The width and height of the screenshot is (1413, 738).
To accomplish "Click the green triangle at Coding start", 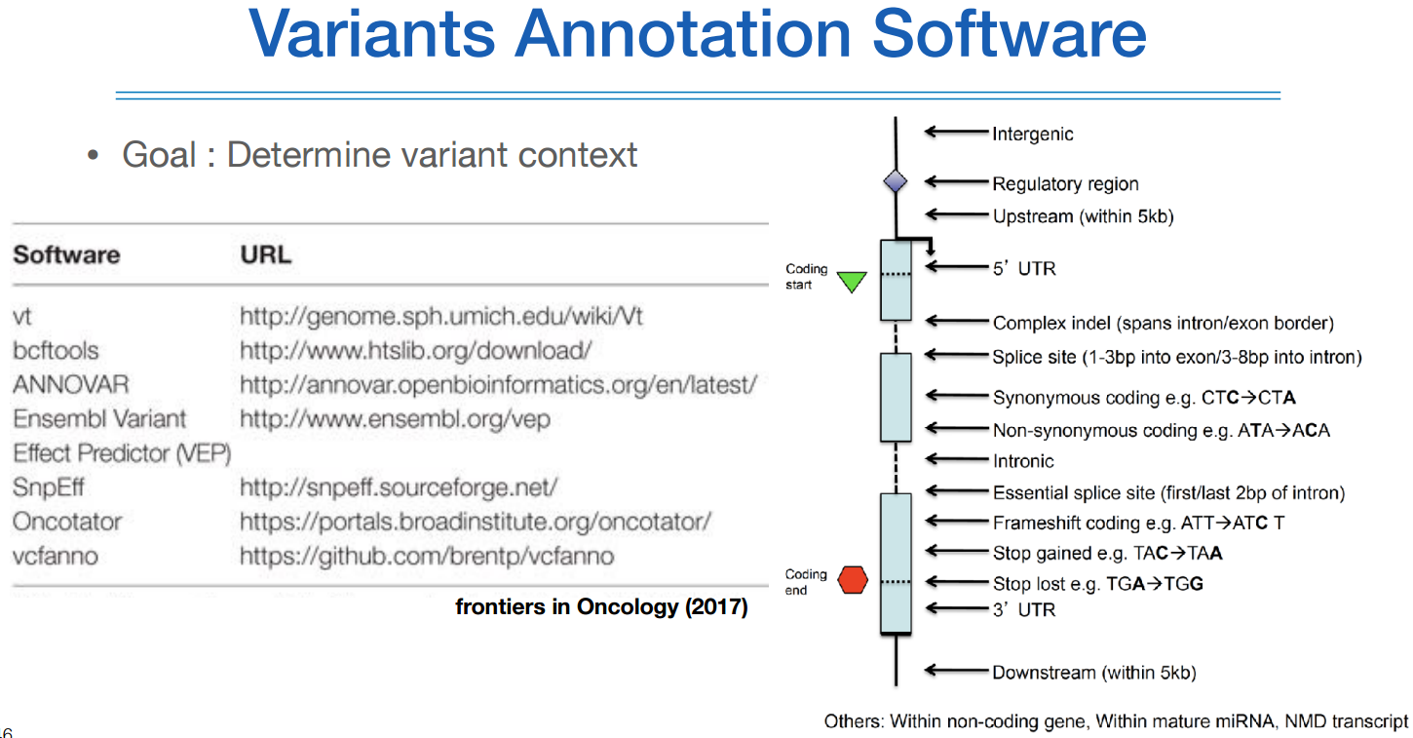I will point(852,282).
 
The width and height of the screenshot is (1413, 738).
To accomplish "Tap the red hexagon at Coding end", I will point(853,581).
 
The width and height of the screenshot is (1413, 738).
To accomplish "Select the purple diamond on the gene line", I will point(895,181).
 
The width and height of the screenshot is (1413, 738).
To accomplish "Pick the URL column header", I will point(265,255).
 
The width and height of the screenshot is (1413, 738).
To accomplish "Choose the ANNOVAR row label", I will point(70,384).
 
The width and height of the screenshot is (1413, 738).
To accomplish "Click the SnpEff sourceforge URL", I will point(399,486).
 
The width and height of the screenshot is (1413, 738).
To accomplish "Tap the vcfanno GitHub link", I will point(427,557).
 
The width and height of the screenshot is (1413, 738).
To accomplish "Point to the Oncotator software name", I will point(67,522).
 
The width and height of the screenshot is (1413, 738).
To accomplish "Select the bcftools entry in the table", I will point(56,350).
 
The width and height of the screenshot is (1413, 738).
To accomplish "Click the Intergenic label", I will point(1032,134).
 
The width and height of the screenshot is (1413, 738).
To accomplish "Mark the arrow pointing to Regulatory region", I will point(956,182).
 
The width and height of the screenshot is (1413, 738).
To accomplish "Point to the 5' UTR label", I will point(1023,267).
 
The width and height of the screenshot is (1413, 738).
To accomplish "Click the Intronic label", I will point(1023,460).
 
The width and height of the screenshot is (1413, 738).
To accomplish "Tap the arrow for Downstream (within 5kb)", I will point(956,671).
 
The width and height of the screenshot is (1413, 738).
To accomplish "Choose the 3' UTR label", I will point(1023,609).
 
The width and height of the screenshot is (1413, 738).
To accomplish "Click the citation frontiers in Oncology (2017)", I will point(601,607).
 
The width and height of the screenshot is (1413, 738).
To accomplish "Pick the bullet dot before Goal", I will point(94,156).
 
